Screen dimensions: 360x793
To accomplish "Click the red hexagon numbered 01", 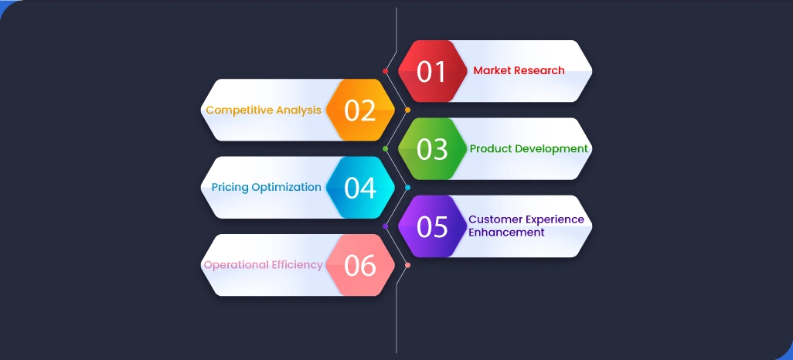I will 432,71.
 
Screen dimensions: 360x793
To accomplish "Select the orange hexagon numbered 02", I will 359,110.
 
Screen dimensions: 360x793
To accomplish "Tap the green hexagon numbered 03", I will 432,148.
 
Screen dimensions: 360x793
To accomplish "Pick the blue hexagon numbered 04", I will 359,187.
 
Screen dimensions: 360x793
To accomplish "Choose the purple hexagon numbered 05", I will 432,226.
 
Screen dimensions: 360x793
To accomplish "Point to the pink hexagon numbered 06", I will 359,265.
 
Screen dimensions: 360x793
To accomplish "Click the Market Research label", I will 519,70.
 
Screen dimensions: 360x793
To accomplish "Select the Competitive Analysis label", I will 263,110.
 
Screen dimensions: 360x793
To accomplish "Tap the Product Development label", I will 529,148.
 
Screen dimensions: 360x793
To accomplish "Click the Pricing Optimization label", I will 266,187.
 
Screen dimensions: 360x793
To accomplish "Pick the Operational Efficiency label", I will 263,265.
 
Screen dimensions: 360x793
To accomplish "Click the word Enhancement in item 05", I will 506,233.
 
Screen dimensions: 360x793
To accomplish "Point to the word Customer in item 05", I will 492,219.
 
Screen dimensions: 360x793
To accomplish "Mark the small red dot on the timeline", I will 385,71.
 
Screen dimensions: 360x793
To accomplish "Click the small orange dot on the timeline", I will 407,110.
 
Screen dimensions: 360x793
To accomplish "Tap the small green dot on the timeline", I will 385,148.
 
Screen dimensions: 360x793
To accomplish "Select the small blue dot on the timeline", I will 407,187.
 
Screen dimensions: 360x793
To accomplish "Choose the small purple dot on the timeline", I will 385,226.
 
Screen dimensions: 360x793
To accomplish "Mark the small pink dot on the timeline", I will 407,265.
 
